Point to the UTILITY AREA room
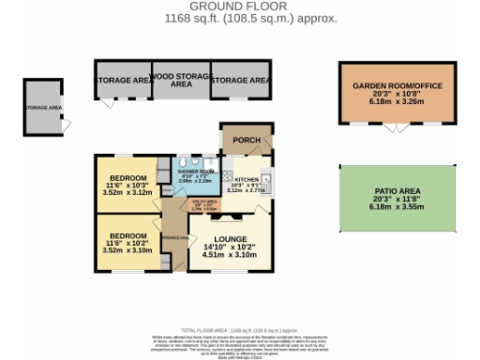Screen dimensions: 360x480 click(206, 202)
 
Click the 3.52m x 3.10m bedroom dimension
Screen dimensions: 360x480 click(125, 250)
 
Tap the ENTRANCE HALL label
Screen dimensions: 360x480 click(173, 238)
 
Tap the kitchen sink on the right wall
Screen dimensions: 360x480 click(267, 177)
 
